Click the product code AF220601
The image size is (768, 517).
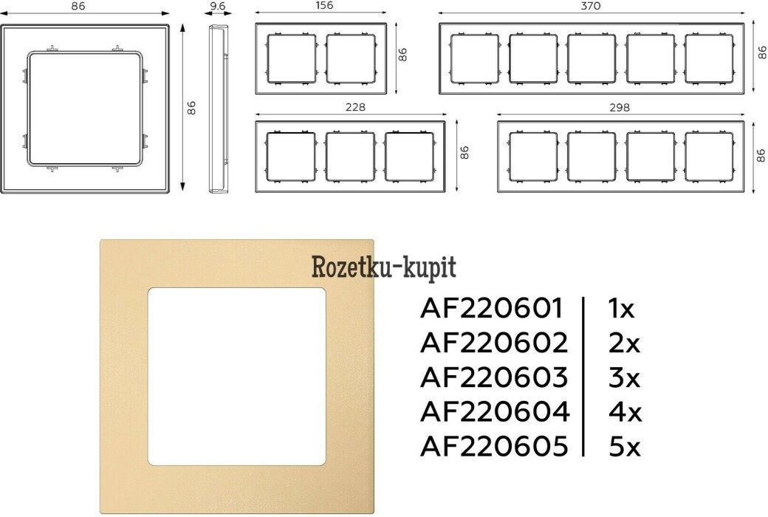[x=491, y=309]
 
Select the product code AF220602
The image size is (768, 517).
[x=494, y=343]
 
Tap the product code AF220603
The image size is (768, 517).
[x=494, y=377]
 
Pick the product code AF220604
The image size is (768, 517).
[x=495, y=411]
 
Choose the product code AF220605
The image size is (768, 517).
[x=494, y=446]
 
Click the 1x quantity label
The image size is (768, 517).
[x=621, y=309]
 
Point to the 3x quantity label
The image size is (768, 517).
[x=624, y=377]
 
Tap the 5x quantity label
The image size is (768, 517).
[x=624, y=446]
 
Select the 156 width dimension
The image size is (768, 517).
[x=324, y=5]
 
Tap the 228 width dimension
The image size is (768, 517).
[x=355, y=107]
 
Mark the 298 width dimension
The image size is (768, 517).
[x=620, y=107]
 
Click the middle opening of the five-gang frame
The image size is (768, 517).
[x=592, y=58]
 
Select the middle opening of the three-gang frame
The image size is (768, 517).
[x=350, y=157]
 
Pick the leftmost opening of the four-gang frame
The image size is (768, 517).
[x=533, y=157]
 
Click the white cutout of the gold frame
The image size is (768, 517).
[x=237, y=377]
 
